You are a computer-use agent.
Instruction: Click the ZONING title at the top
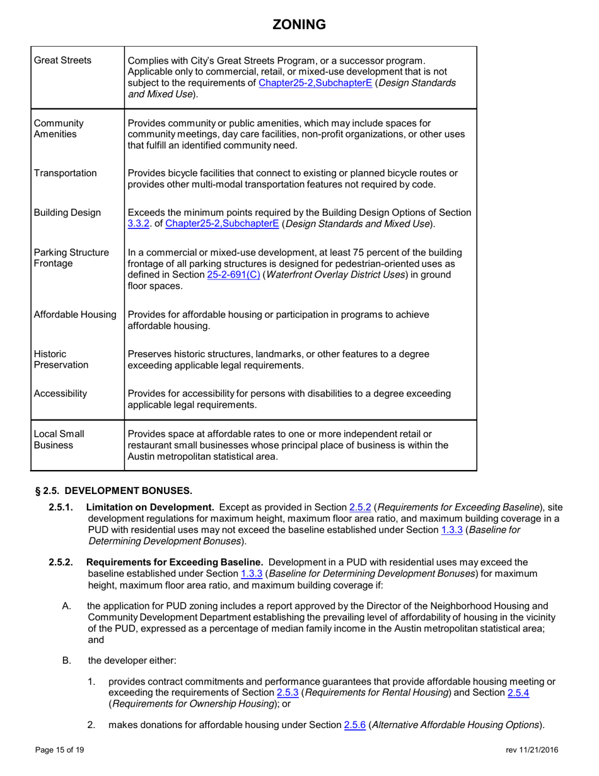click(299, 25)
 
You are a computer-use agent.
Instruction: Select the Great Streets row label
click(62, 61)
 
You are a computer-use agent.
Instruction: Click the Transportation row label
click(66, 173)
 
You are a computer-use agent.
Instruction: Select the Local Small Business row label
click(59, 440)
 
